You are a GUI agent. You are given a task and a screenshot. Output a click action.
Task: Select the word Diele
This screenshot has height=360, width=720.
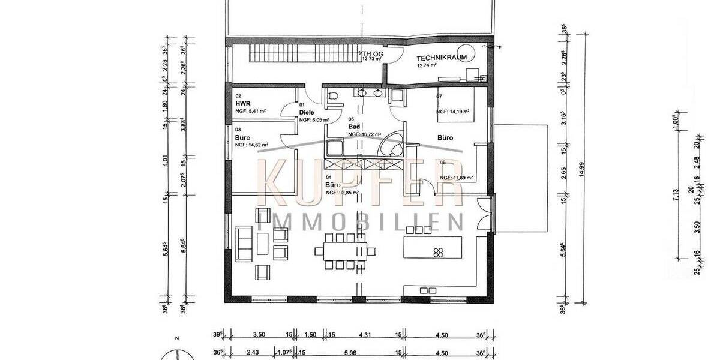pyautogui.click(x=307, y=112)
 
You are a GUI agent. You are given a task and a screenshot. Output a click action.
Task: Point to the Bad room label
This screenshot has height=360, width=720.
pyautogui.click(x=354, y=127)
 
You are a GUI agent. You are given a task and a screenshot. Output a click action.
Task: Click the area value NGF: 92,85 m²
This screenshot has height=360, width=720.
pyautogui.click(x=342, y=193)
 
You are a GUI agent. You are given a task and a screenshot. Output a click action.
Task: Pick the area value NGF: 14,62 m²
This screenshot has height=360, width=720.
pyautogui.click(x=251, y=145)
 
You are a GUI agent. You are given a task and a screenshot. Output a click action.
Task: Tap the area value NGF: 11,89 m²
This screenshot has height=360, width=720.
pyautogui.click(x=456, y=178)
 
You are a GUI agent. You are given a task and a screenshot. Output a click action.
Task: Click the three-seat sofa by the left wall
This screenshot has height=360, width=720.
pyautogui.click(x=244, y=243)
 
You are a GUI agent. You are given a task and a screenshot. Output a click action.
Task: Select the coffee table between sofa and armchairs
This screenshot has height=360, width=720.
pyautogui.click(x=263, y=243)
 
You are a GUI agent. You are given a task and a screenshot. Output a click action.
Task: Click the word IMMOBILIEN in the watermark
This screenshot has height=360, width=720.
pyautogui.click(x=360, y=221)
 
